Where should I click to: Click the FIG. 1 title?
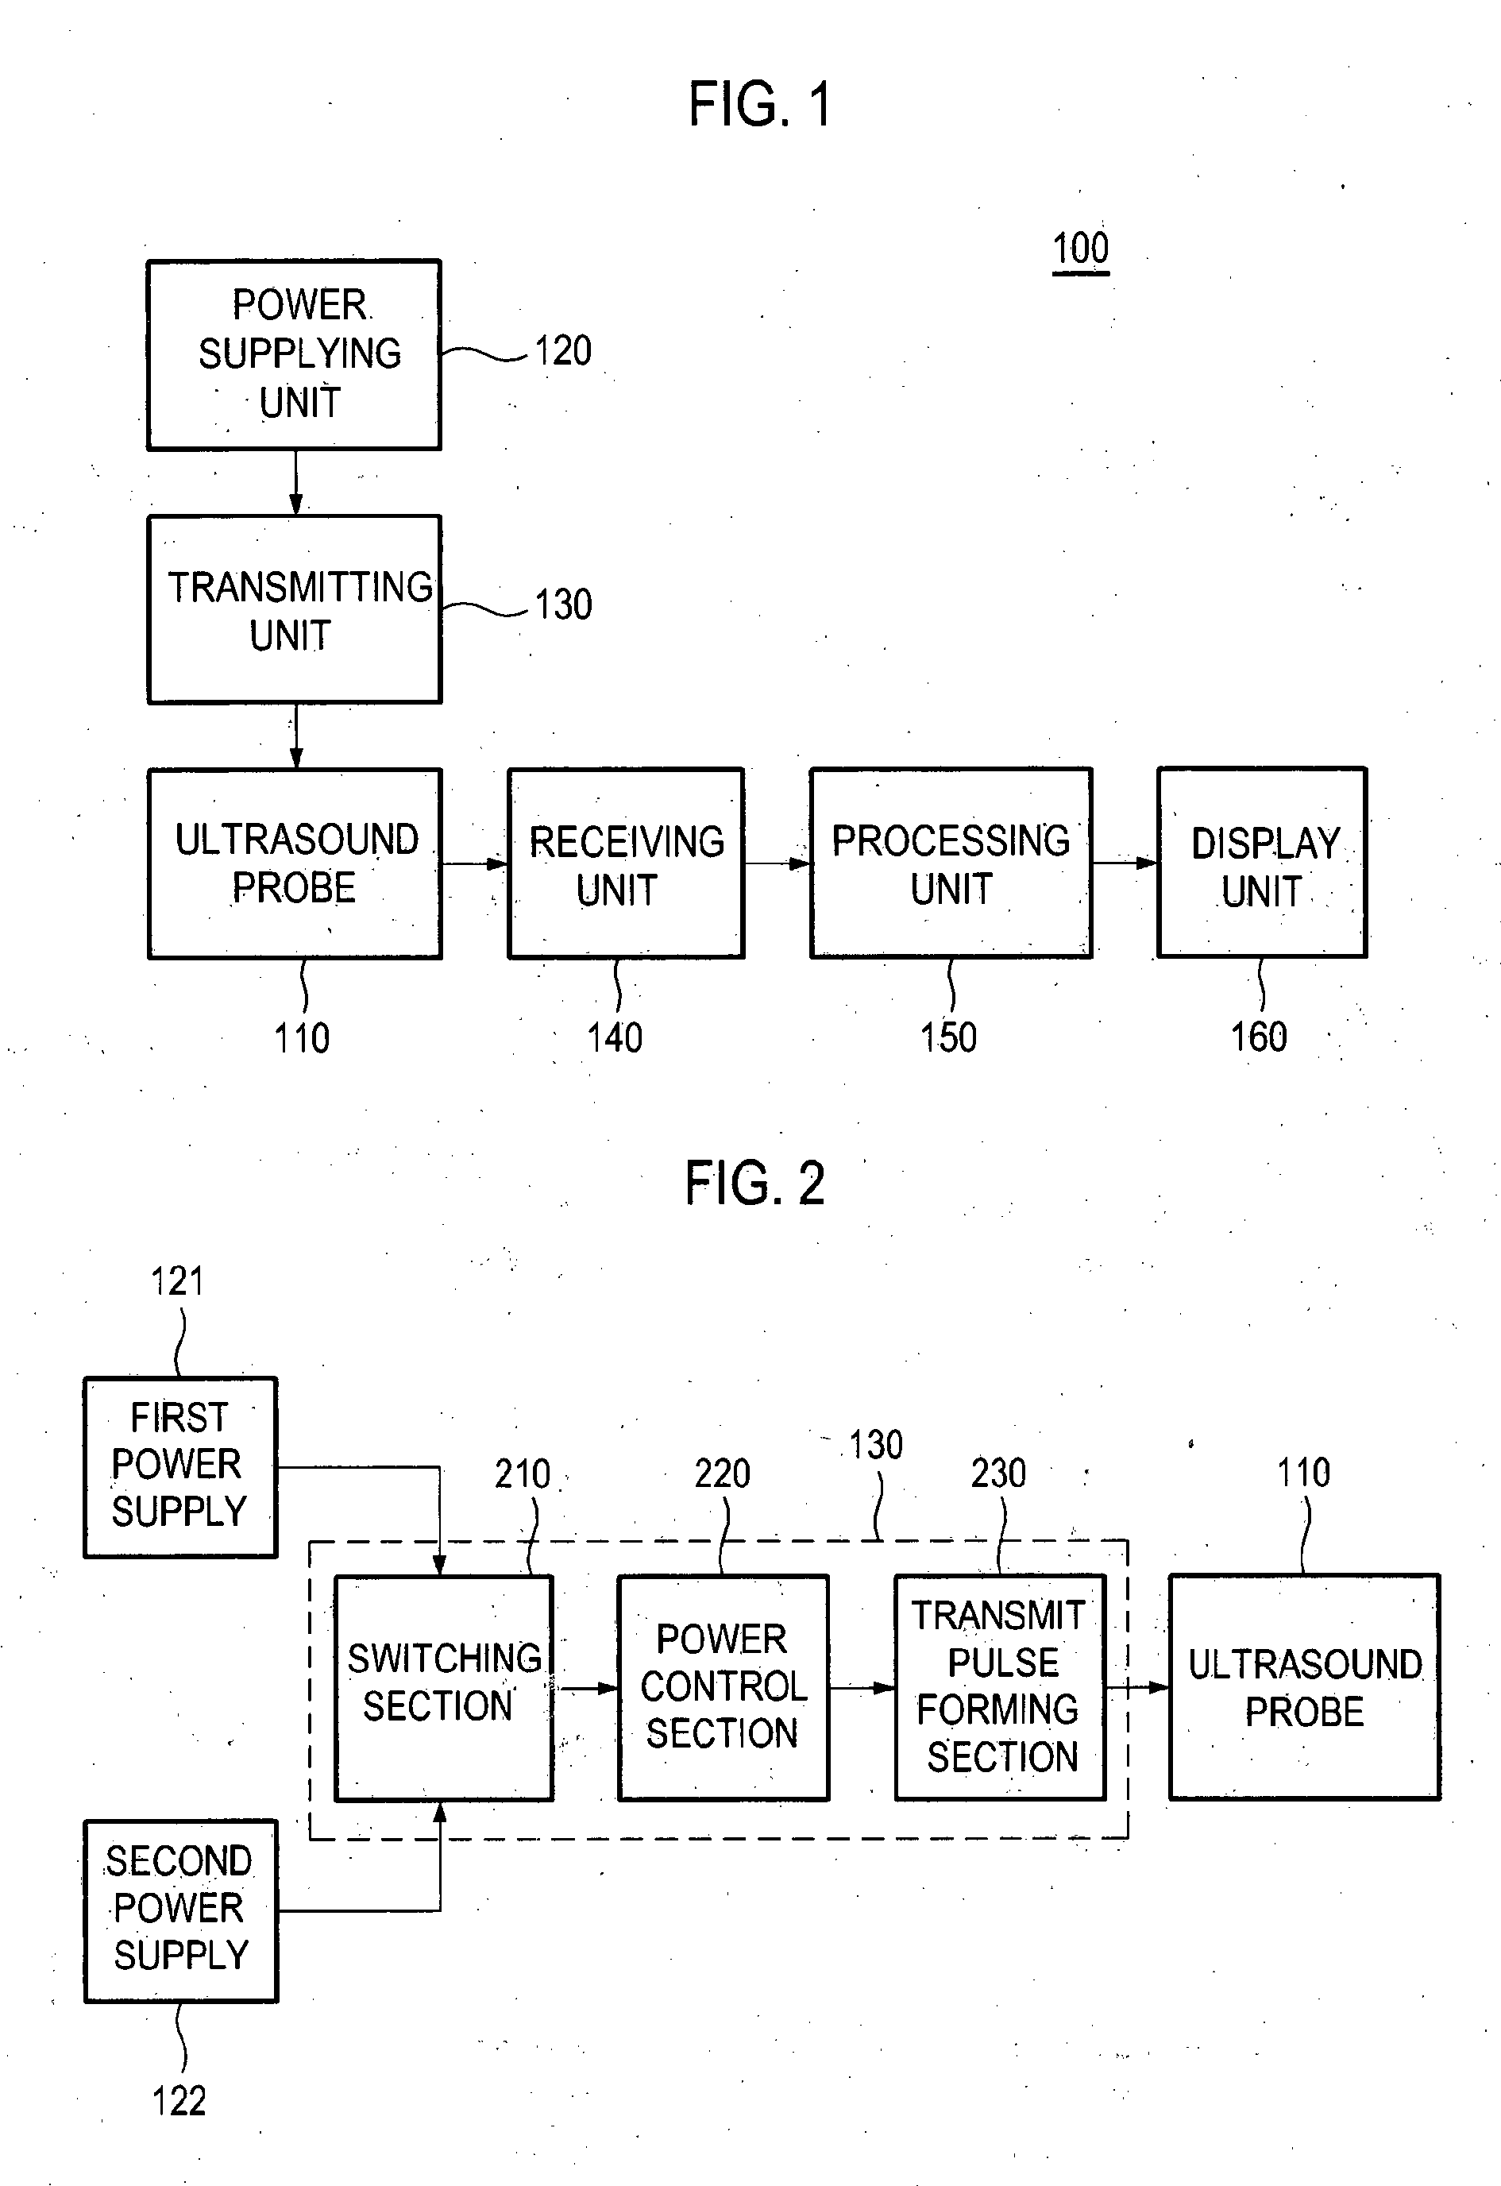coord(760,103)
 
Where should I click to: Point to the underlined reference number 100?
coord(1081,249)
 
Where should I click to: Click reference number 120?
coord(563,351)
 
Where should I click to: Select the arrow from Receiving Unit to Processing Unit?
coord(778,863)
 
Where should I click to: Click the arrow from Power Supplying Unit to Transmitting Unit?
coord(295,482)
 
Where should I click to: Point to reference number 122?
coord(179,2100)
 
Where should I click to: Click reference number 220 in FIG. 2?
coord(722,1473)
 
